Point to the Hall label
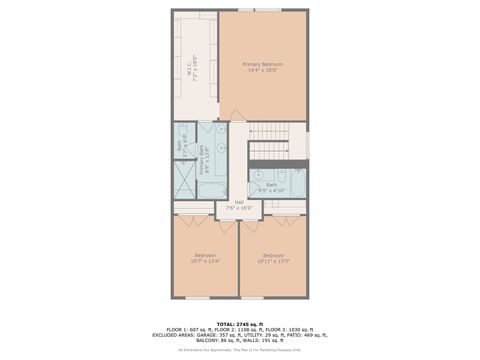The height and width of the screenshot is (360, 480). [x=240, y=203]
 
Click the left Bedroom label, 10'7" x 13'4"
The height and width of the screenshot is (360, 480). [x=207, y=255]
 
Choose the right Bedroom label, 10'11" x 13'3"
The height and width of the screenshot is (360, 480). [x=273, y=255]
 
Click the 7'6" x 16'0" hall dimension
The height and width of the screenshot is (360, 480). [x=240, y=208]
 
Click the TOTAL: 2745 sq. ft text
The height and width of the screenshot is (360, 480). [x=240, y=324]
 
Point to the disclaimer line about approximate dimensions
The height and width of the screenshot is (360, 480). [x=240, y=350]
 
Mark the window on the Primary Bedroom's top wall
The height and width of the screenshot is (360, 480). [x=266, y=10]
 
